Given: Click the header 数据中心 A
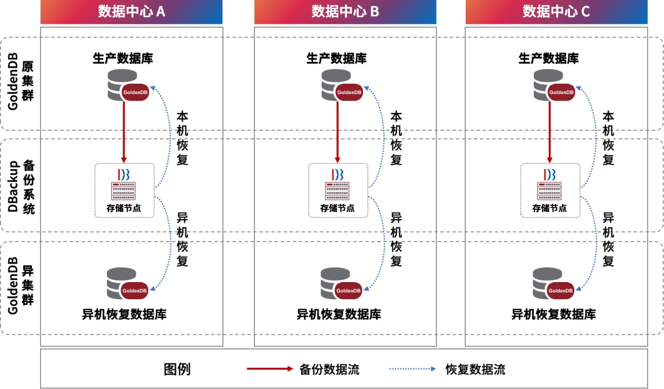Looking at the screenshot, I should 131,11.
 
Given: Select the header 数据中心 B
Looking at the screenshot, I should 345,11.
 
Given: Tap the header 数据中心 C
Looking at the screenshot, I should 556,11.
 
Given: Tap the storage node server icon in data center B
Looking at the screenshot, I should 337,190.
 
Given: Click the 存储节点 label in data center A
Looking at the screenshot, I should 124,208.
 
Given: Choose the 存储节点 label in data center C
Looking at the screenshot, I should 550,208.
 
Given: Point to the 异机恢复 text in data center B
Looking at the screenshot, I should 396,239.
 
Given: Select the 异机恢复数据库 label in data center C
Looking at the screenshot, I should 553,314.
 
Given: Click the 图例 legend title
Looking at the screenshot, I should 177,370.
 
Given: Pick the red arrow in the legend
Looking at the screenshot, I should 270,369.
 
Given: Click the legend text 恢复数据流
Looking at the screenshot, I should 475,370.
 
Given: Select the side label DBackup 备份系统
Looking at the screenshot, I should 21,185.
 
